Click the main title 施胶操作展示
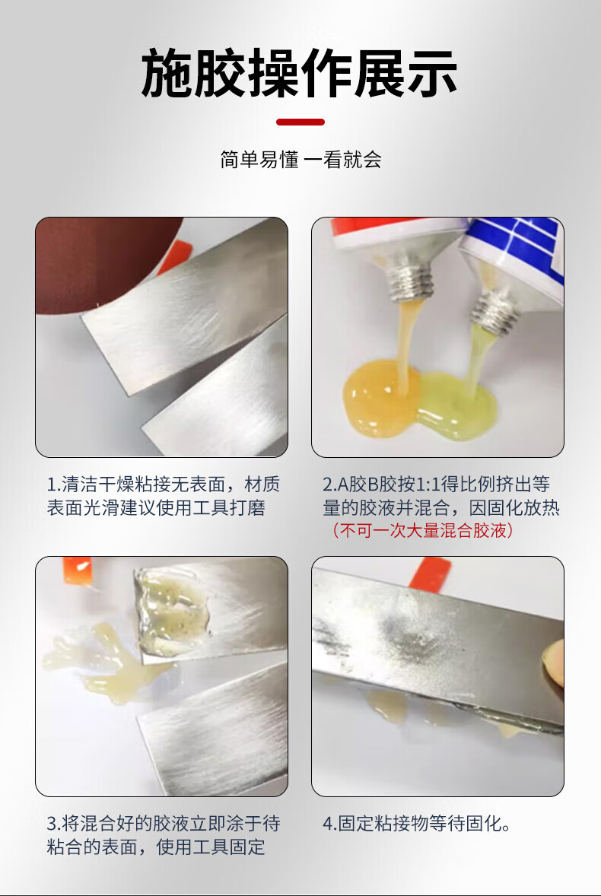(x=299, y=73)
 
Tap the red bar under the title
(x=300, y=122)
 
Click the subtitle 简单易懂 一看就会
(x=300, y=160)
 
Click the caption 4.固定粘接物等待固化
(x=417, y=824)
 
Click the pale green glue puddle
(x=457, y=405)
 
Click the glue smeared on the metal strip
(x=173, y=612)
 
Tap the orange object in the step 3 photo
(x=78, y=570)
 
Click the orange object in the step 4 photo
(x=430, y=574)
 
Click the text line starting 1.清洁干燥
(x=164, y=485)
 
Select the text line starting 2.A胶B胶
(x=437, y=485)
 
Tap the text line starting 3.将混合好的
(x=164, y=824)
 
